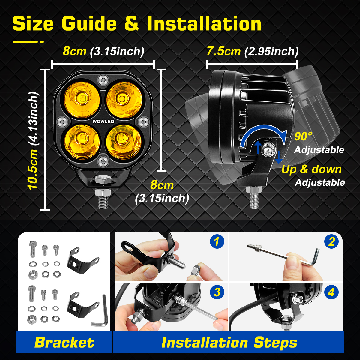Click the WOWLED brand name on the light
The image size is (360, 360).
(x=103, y=121)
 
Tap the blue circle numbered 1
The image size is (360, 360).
(x=217, y=241)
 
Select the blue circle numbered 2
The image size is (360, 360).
(x=331, y=241)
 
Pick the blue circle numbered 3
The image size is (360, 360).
(x=217, y=292)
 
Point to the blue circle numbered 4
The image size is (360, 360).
(x=331, y=292)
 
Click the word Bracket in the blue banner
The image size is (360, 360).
(x=64, y=342)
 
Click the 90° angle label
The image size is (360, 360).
(x=303, y=136)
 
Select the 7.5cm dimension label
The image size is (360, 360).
(x=223, y=51)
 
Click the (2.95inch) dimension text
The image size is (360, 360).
(x=271, y=52)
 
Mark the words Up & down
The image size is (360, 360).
(x=311, y=169)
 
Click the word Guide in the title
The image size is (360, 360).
(x=89, y=24)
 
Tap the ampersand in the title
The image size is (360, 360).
(x=132, y=24)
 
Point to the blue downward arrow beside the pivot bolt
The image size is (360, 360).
(x=279, y=157)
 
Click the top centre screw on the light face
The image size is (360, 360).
(x=103, y=80)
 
